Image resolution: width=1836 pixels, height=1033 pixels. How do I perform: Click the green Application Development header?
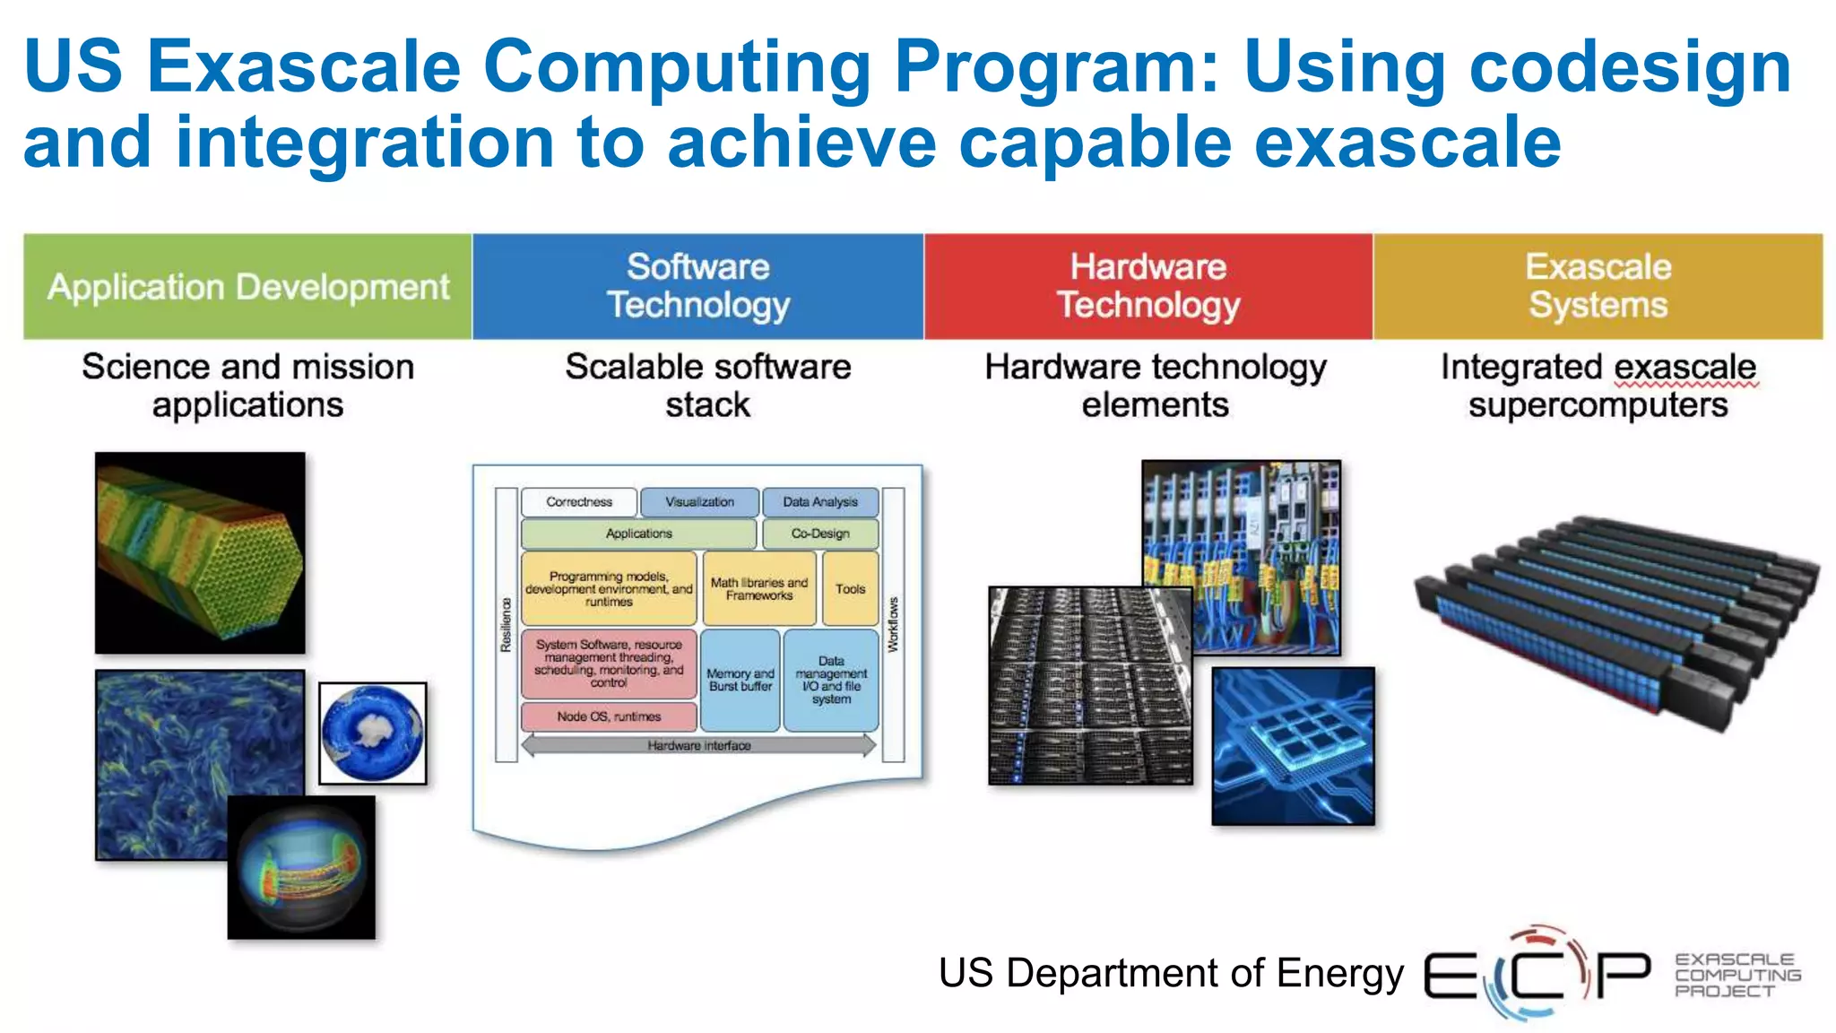click(x=247, y=287)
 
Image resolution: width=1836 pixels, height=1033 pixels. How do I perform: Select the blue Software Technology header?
click(x=697, y=286)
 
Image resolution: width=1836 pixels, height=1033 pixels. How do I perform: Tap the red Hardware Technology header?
click(x=1148, y=286)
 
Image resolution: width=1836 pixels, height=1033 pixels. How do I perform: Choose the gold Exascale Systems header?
click(x=1598, y=286)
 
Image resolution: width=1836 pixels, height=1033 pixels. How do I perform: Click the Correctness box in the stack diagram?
click(x=579, y=502)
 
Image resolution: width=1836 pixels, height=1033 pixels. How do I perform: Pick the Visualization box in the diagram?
click(x=699, y=502)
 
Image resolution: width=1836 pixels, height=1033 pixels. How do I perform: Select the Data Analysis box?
click(x=819, y=502)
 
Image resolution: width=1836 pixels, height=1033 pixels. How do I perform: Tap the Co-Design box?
click(x=819, y=534)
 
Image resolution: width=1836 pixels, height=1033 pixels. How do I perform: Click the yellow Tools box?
click(x=850, y=589)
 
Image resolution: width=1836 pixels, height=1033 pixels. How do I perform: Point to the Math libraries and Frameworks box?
click(x=759, y=589)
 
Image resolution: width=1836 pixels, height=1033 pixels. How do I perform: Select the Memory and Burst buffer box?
click(x=740, y=680)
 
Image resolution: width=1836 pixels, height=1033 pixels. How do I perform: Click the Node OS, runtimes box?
click(x=609, y=716)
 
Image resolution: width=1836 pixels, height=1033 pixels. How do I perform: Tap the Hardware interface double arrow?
click(x=698, y=745)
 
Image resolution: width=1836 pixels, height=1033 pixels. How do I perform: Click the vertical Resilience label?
click(x=506, y=625)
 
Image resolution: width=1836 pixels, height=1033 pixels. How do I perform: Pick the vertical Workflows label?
click(x=893, y=625)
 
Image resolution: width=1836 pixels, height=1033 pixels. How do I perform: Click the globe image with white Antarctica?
click(x=373, y=733)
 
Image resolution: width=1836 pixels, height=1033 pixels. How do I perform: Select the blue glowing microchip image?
click(x=1293, y=745)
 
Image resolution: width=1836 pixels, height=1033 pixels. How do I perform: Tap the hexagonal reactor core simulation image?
click(x=200, y=552)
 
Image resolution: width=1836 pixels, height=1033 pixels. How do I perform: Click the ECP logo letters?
click(x=1537, y=974)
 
